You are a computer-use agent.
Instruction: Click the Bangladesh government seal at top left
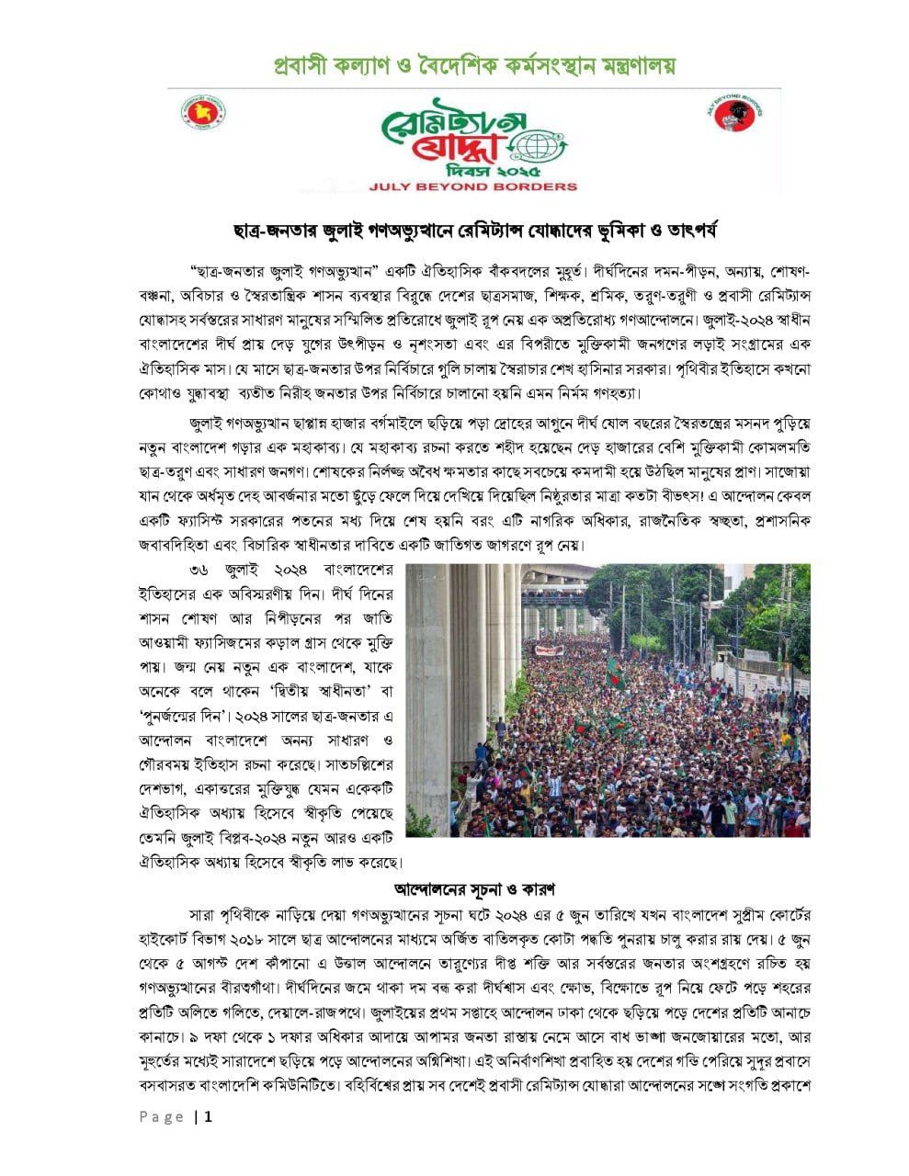(x=204, y=112)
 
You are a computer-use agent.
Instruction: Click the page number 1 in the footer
(x=209, y=1117)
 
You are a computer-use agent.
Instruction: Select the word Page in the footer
(x=162, y=1117)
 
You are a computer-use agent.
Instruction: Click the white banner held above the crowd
(x=549, y=650)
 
